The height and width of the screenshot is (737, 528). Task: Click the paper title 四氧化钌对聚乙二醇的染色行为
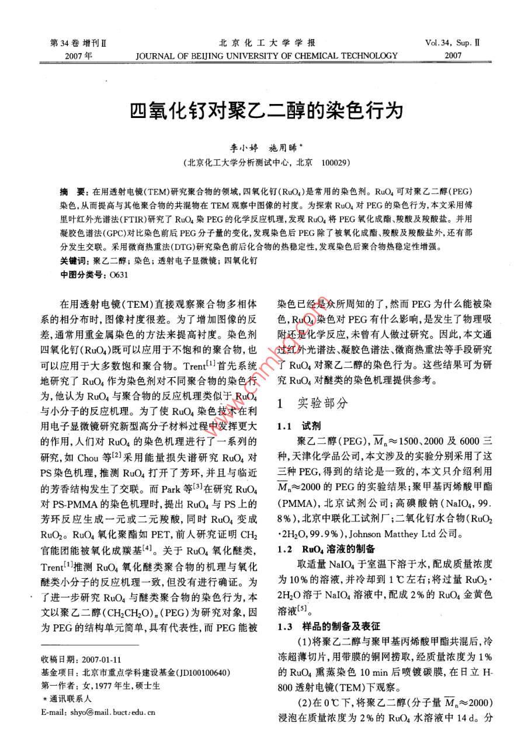(266, 110)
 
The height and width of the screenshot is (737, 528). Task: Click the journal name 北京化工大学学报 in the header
(266, 43)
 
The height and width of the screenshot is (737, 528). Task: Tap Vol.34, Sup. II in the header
(453, 43)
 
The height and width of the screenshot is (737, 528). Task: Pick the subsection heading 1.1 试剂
(299, 425)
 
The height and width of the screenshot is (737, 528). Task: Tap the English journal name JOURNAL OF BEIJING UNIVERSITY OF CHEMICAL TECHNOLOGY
(266, 56)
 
